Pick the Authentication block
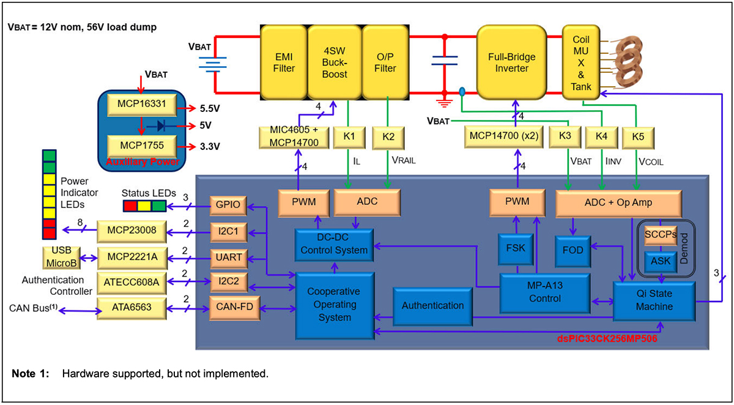432,305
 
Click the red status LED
130,206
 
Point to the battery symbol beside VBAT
212,62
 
